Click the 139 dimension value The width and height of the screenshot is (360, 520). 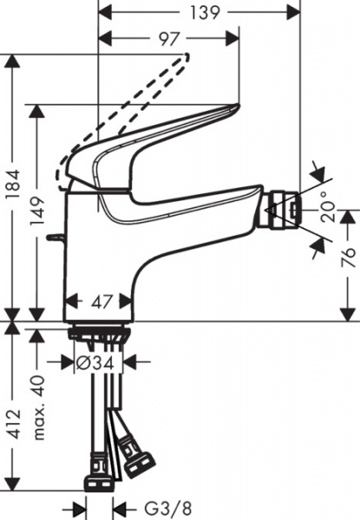pos(200,12)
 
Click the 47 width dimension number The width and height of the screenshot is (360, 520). pos(103,302)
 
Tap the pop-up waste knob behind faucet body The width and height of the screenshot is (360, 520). pos(57,236)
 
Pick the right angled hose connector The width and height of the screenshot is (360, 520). pos(136,458)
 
